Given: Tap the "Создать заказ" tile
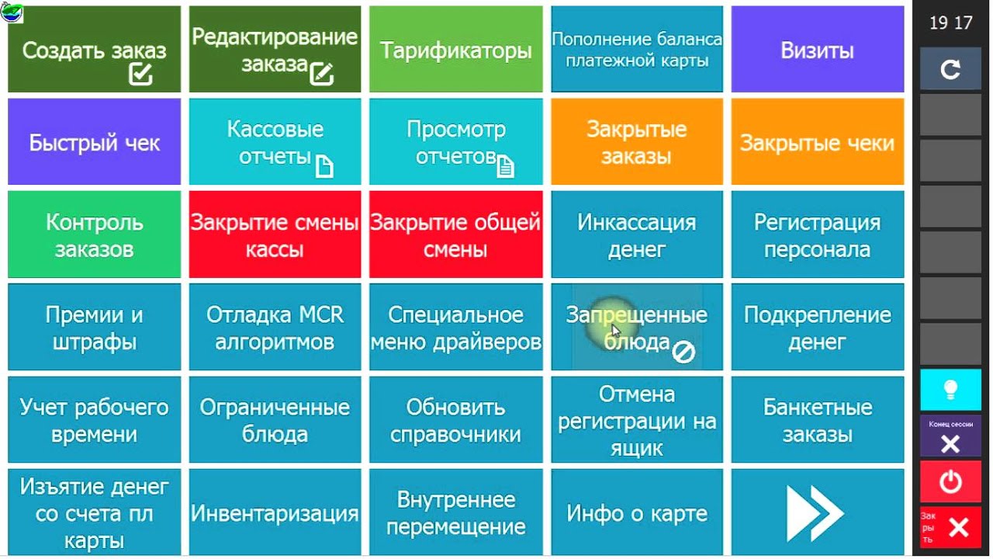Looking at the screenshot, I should [94, 50].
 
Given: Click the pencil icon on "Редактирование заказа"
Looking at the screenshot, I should [321, 74].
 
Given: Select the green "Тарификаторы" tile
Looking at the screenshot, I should [455, 50].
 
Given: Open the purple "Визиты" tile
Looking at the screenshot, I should [817, 50].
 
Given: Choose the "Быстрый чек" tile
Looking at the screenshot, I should [94, 143].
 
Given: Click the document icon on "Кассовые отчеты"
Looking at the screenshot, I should [324, 165].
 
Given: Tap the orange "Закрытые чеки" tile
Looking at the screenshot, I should [817, 143].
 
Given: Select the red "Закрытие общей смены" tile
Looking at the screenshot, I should [455, 235].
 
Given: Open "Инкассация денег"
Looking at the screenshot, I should [636, 235].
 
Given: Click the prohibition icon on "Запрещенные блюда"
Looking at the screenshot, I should [683, 352].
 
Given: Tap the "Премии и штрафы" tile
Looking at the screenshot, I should [94, 328].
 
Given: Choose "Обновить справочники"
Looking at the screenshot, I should [455, 420].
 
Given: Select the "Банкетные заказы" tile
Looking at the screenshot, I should [817, 420].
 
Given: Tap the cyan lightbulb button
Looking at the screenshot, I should [950, 390].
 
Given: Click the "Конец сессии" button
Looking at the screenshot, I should [950, 436].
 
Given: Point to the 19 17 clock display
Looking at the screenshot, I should [950, 23].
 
